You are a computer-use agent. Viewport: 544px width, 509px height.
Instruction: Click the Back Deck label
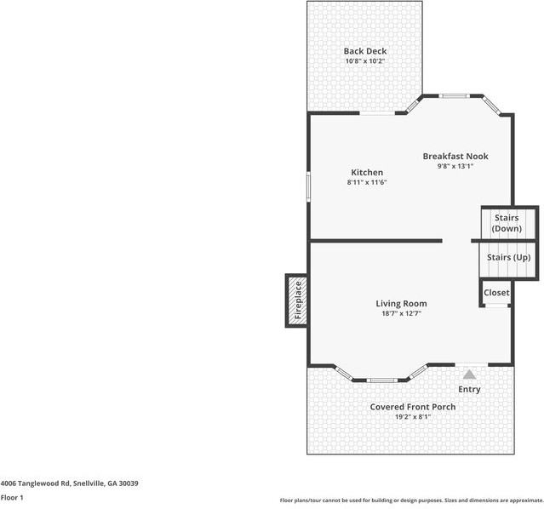[x=364, y=51]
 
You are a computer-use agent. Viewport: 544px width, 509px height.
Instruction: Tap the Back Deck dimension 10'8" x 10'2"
[x=364, y=61]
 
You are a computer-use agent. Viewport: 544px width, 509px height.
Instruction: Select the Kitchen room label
[x=364, y=172]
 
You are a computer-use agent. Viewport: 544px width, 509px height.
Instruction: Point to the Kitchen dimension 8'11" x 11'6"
[x=366, y=182]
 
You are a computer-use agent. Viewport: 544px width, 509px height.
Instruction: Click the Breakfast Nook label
[x=455, y=156]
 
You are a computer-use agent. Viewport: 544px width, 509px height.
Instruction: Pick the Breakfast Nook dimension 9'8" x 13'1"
[x=455, y=166]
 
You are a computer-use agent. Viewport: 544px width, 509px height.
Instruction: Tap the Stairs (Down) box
[x=507, y=223]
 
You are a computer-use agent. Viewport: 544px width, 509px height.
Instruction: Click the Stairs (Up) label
[x=508, y=257]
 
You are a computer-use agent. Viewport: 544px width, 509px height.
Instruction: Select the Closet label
[x=496, y=292]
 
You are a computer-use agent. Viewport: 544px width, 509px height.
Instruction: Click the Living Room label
[x=401, y=303]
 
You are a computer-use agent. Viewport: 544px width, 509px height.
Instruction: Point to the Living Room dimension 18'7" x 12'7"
[x=400, y=313]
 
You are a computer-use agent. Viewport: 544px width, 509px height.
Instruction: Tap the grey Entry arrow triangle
[x=469, y=373]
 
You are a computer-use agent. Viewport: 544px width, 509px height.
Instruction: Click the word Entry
[x=469, y=389]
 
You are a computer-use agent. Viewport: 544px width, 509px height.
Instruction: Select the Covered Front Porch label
[x=412, y=407]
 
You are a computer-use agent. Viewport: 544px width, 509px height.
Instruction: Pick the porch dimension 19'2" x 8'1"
[x=412, y=417]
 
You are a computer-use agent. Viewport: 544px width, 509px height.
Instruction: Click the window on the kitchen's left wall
[x=308, y=186]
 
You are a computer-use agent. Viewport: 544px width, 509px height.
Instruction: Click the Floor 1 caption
[x=11, y=497]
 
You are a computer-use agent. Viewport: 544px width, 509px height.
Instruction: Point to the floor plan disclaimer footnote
[x=411, y=500]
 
